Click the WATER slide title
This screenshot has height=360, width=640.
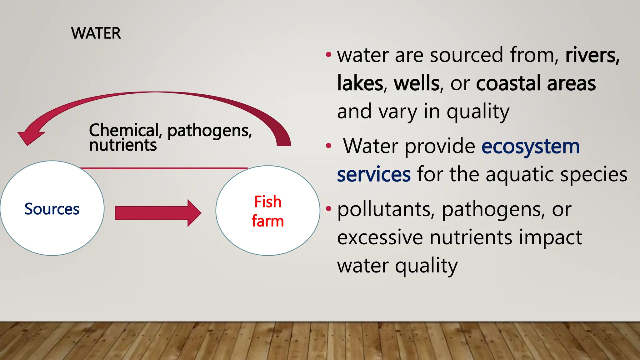96,33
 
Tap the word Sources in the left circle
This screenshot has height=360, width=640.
52,209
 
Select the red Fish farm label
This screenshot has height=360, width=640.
268,211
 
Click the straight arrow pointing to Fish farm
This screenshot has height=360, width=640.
158,213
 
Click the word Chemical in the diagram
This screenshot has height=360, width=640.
124,130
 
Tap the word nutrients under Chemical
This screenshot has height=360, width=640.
123,145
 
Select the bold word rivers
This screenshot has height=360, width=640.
592,55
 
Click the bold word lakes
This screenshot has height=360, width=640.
360,83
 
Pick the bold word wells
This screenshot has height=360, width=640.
417,83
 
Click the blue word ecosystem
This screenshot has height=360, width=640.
530,146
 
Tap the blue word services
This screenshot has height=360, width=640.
374,174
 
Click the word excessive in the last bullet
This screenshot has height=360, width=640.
380,237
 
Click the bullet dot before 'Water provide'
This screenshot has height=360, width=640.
328,146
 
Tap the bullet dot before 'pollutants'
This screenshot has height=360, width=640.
328,208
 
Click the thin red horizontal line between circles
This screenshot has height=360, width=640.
164,168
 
